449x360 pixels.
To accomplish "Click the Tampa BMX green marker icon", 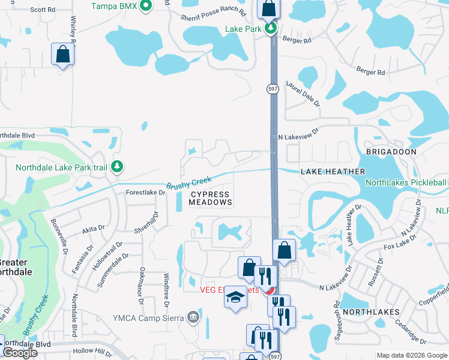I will pyautogui.click(x=145, y=7).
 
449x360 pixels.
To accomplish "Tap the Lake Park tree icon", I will pyautogui.click(x=271, y=28).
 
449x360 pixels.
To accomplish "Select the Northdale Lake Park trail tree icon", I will pyautogui.click(x=118, y=167).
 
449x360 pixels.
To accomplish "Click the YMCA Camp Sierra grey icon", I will pyautogui.click(x=193, y=317).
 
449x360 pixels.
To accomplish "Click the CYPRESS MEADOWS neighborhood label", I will pyautogui.click(x=210, y=199).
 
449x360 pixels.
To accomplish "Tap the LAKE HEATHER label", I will pyautogui.click(x=333, y=172).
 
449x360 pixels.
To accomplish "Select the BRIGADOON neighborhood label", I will pyautogui.click(x=391, y=152).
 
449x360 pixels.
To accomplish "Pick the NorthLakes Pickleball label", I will pyautogui.click(x=406, y=183).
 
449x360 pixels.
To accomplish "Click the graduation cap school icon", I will pyautogui.click(x=236, y=297).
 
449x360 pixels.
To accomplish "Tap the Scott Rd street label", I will pyautogui.click(x=42, y=10).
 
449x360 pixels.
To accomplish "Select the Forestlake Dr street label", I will pyautogui.click(x=145, y=193).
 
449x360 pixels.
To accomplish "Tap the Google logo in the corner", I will pyautogui.click(x=20, y=353).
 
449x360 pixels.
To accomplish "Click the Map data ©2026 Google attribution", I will pyautogui.click(x=412, y=355).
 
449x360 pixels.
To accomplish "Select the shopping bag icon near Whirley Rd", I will pyautogui.click(x=62, y=55).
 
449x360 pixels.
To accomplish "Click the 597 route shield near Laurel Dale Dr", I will pyautogui.click(x=273, y=88).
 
